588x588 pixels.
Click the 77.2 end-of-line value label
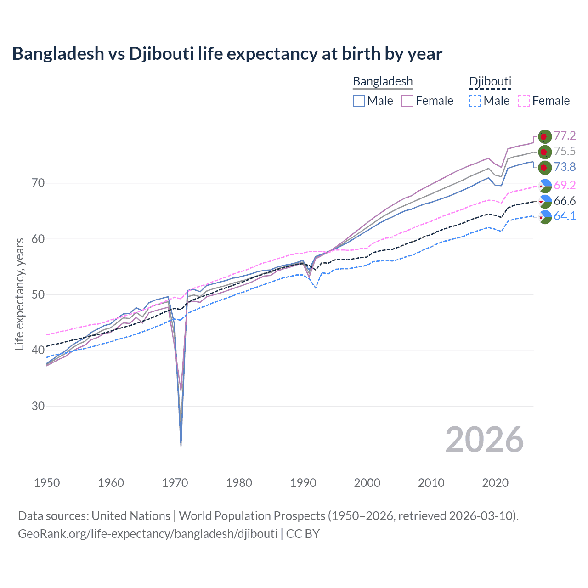[565, 136]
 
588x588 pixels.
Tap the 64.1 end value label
[565, 216]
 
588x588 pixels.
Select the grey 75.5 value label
[565, 151]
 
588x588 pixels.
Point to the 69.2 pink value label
[565, 185]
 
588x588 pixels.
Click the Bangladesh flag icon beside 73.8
[544, 167]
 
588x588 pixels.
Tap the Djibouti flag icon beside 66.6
[545, 201]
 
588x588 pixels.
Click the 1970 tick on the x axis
[175, 483]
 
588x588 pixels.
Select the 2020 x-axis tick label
[495, 483]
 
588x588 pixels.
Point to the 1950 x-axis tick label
[47, 483]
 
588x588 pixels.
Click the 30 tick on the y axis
[38, 406]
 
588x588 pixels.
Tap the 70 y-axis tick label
[38, 183]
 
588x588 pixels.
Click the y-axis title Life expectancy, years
[19, 294]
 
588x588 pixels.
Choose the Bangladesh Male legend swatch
[359, 101]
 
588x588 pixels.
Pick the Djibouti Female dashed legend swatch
[524, 101]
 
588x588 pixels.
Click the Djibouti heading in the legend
[490, 81]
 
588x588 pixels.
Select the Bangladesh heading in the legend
[383, 81]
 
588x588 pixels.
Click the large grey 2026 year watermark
[484, 440]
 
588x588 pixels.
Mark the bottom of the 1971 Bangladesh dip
[181, 445]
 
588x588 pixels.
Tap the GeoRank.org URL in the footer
[147, 534]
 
